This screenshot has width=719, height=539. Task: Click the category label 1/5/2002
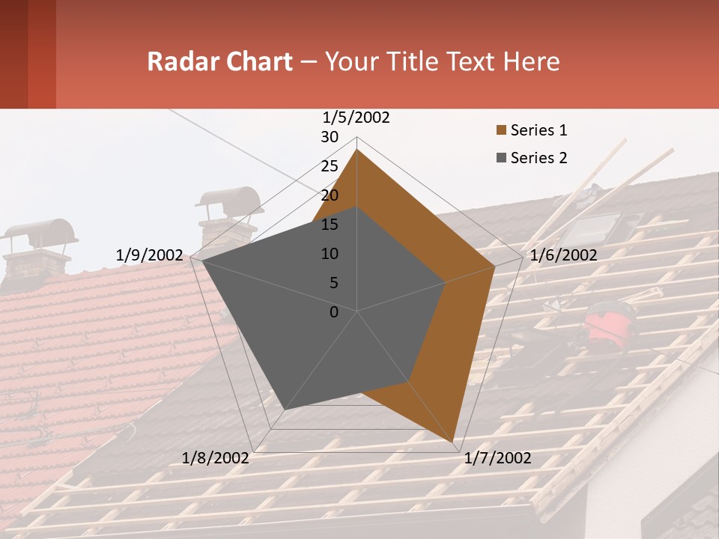(357, 118)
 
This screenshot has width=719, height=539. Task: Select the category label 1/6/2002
(563, 255)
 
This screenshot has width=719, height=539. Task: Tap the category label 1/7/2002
(497, 458)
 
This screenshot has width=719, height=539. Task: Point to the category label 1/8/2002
(216, 458)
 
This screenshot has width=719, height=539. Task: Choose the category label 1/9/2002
(149, 255)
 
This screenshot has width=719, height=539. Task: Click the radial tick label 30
(330, 137)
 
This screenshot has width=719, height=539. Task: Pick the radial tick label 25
(330, 166)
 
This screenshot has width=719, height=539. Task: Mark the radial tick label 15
(330, 225)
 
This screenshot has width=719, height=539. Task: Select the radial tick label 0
(334, 312)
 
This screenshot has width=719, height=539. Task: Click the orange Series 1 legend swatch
(501, 131)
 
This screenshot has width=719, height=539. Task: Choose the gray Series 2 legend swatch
(501, 158)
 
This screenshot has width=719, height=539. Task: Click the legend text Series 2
(539, 158)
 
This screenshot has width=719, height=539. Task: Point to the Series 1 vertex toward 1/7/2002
(455, 442)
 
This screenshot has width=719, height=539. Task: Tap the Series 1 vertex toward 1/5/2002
(357, 150)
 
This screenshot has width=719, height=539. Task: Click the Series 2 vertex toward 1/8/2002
(284, 409)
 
